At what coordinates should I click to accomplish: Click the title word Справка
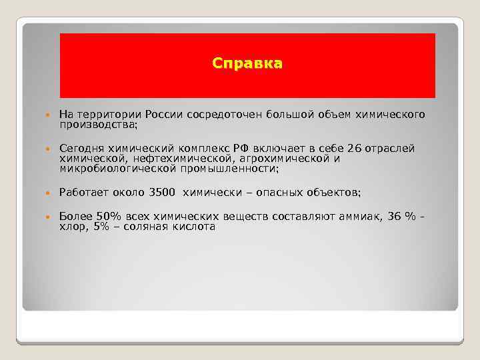(247, 64)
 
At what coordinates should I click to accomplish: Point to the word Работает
(83, 193)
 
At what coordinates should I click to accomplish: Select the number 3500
(159, 193)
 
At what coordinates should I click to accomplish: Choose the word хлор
(71, 227)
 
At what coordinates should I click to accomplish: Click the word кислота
(193, 227)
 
